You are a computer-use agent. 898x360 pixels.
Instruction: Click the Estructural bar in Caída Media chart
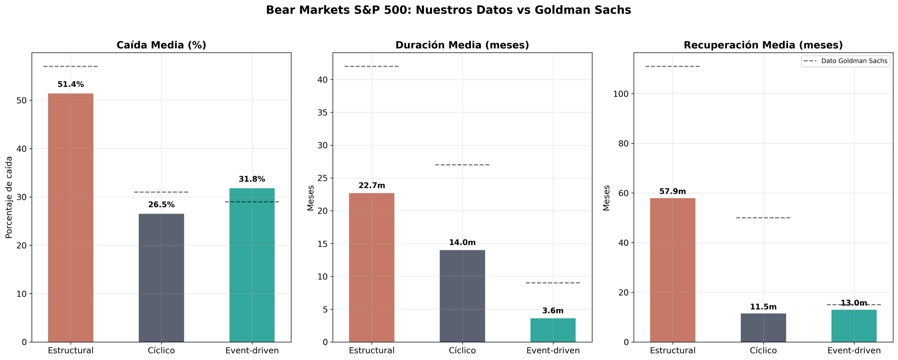pyautogui.click(x=71, y=218)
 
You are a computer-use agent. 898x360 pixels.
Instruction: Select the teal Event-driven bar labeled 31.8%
pyautogui.click(x=252, y=265)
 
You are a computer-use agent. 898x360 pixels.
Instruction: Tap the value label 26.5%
pyautogui.click(x=161, y=205)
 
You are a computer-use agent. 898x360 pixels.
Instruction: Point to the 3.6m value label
pyautogui.click(x=553, y=311)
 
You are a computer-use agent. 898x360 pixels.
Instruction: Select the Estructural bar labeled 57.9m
pyautogui.click(x=672, y=270)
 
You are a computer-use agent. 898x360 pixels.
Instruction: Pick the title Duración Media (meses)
pyautogui.click(x=462, y=45)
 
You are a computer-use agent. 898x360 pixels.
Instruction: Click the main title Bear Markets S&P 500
pyautogui.click(x=448, y=10)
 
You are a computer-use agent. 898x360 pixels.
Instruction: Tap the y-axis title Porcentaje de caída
pyautogui.click(x=9, y=197)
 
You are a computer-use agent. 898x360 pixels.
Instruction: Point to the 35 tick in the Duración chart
pyautogui.click(x=322, y=113)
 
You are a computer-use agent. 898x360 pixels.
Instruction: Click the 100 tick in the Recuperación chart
pyautogui.click(x=621, y=94)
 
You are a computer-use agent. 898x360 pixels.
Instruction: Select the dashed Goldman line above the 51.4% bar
pyautogui.click(x=71, y=66)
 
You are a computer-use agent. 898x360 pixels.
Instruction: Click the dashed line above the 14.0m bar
pyautogui.click(x=462, y=165)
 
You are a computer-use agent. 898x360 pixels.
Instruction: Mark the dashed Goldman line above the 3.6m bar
pyautogui.click(x=553, y=283)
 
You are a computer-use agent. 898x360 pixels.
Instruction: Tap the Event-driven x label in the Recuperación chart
pyautogui.click(x=854, y=351)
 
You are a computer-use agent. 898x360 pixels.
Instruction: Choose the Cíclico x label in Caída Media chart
pyautogui.click(x=161, y=351)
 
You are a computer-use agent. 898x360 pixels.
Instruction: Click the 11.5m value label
pyautogui.click(x=763, y=307)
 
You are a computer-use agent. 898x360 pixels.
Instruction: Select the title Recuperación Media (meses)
pyautogui.click(x=763, y=45)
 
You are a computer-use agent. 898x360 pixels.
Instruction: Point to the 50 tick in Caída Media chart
pyautogui.click(x=21, y=101)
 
